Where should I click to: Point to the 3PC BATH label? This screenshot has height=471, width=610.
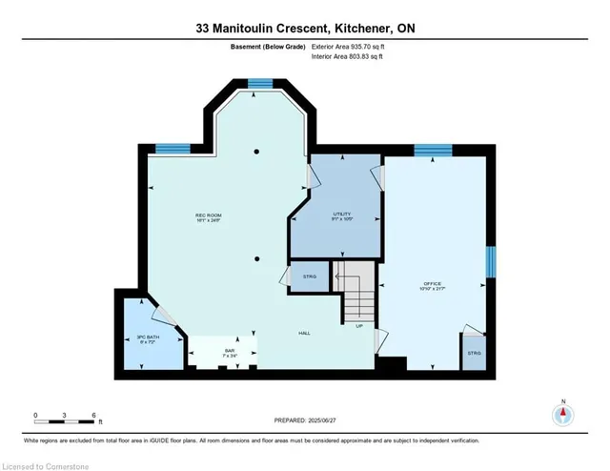tap(146, 338)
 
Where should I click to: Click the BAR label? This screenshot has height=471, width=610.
tap(229, 351)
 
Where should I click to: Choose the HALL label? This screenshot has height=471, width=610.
tap(304, 333)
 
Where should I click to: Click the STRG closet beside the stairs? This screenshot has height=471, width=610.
tap(308, 277)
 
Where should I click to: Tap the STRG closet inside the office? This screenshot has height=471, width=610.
tap(474, 353)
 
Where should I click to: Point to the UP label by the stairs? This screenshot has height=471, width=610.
tap(359, 327)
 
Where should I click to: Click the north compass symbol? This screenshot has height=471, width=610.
tap(563, 414)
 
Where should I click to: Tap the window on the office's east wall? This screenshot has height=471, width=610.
tap(492, 260)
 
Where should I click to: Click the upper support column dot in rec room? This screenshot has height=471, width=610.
tap(255, 152)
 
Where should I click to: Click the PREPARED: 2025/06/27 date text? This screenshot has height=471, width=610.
tap(304, 420)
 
